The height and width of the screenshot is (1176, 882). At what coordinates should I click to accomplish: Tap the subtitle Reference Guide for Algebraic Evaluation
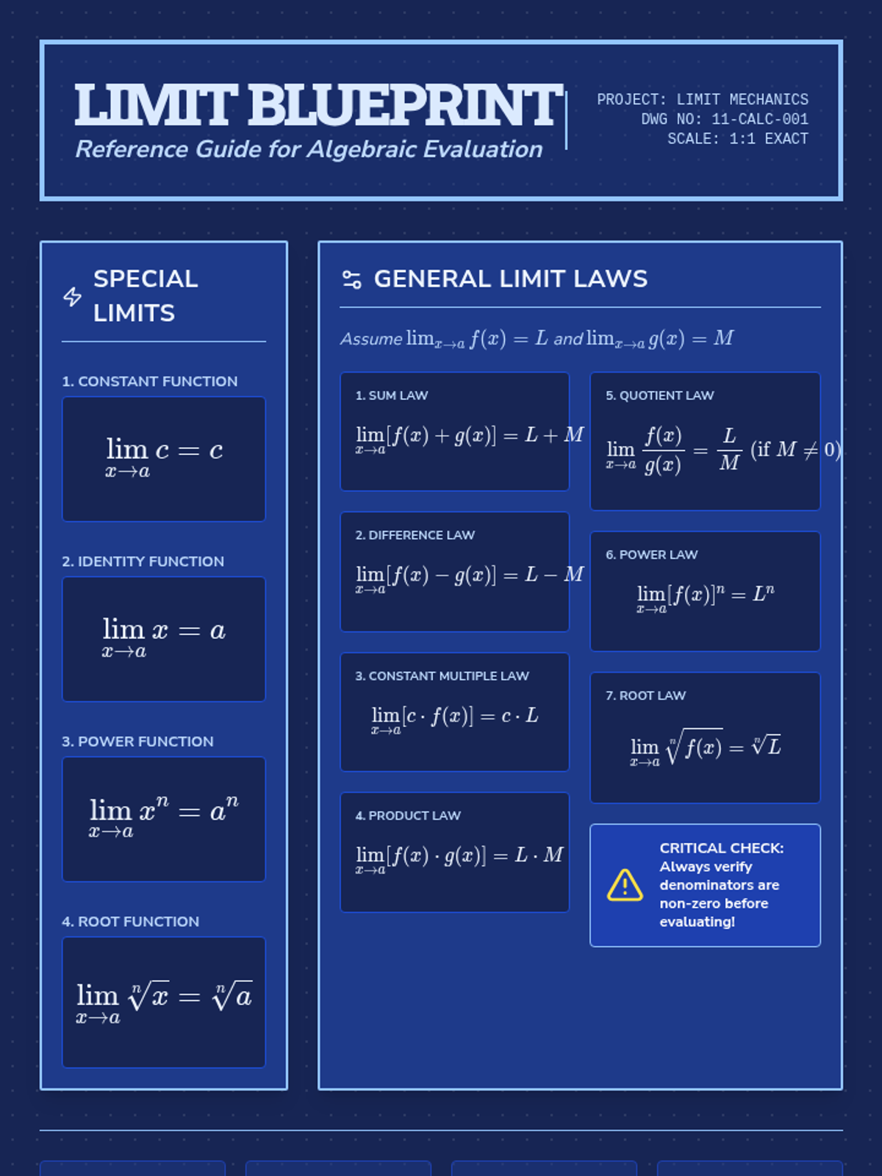click(309, 149)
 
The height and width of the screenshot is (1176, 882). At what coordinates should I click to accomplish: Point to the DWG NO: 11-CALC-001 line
click(724, 119)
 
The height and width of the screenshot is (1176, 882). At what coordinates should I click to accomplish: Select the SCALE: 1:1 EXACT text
click(737, 139)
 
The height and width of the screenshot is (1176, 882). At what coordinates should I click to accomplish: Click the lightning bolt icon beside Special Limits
click(72, 296)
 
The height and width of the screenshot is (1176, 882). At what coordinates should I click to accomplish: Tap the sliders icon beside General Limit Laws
click(352, 279)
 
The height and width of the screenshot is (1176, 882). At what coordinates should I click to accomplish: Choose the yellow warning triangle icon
click(625, 885)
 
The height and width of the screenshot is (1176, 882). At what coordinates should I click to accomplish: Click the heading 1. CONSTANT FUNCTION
click(150, 381)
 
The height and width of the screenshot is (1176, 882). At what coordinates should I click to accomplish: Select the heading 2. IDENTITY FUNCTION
click(143, 562)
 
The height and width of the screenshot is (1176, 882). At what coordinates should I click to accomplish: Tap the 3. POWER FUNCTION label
click(138, 742)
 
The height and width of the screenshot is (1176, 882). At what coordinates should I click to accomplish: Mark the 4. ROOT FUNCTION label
click(131, 922)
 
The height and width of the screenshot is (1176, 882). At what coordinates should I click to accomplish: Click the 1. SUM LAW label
click(392, 395)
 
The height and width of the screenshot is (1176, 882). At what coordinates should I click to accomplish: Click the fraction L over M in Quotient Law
click(729, 449)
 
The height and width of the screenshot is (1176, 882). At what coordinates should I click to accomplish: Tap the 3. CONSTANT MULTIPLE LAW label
click(442, 676)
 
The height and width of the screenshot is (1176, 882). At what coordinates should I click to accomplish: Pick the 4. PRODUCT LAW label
click(408, 816)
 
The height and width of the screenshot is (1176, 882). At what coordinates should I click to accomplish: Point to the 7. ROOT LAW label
click(645, 695)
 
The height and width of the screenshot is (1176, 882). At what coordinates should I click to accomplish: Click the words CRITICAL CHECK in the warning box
click(721, 848)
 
